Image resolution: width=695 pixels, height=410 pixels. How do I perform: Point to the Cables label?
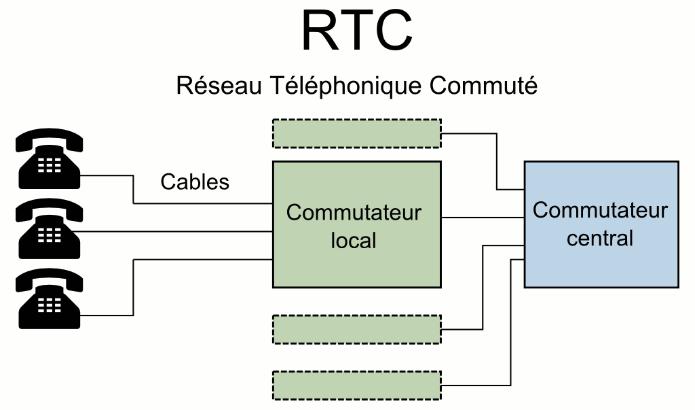tap(195, 182)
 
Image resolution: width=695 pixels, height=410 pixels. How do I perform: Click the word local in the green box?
tap(354, 240)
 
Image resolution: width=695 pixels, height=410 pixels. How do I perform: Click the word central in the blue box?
tap(600, 238)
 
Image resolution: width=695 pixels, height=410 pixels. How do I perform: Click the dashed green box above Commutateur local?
tap(356, 133)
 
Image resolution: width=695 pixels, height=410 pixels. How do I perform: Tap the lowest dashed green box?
tap(356, 385)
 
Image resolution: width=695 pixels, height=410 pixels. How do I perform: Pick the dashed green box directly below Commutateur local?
tap(356, 329)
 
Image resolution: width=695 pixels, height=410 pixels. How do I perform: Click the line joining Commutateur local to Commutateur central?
tap(482, 218)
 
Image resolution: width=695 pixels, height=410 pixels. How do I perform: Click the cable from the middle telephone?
tap(176, 232)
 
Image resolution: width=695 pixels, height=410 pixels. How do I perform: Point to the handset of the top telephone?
tap(49, 139)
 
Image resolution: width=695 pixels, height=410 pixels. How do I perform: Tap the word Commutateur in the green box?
tap(354, 213)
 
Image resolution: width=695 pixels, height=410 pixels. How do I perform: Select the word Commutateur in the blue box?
tap(600, 210)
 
